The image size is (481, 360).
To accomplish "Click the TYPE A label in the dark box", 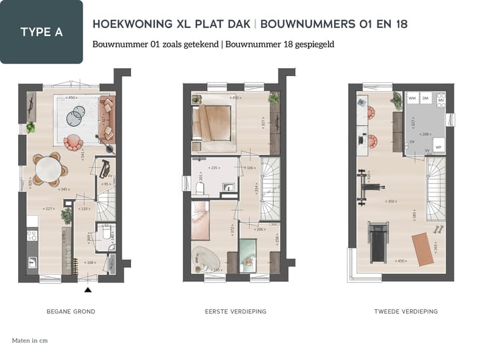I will (x=41, y=31).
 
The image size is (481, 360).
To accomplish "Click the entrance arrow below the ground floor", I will (x=88, y=289).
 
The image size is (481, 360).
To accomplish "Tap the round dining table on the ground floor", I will (x=48, y=170).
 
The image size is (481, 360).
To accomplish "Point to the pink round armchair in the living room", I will (x=73, y=142).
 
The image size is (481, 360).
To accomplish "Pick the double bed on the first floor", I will (x=212, y=122).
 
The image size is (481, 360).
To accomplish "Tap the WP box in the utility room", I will (x=438, y=147).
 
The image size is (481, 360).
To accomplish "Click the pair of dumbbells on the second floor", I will (x=438, y=228).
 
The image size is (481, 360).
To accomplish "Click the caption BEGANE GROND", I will (x=71, y=312).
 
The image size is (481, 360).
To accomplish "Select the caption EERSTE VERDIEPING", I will (x=236, y=312).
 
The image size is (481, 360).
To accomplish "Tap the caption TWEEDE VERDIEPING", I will (x=407, y=312).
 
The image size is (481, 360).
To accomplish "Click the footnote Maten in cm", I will (x=30, y=341).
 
